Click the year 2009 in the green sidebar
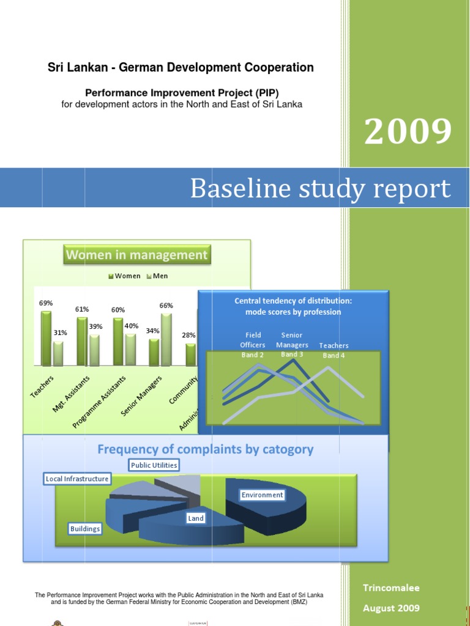(x=408, y=131)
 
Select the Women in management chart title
(x=136, y=255)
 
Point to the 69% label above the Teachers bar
(x=46, y=303)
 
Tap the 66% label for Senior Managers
(x=166, y=305)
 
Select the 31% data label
(x=60, y=333)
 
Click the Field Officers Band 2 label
(x=253, y=345)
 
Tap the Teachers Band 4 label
(x=334, y=350)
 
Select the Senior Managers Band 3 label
(x=292, y=345)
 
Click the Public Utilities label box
(x=154, y=465)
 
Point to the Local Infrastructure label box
(x=77, y=479)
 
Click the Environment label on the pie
(x=262, y=495)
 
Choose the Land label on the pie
(x=196, y=518)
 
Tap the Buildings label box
(x=85, y=529)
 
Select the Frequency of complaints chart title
(x=205, y=450)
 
